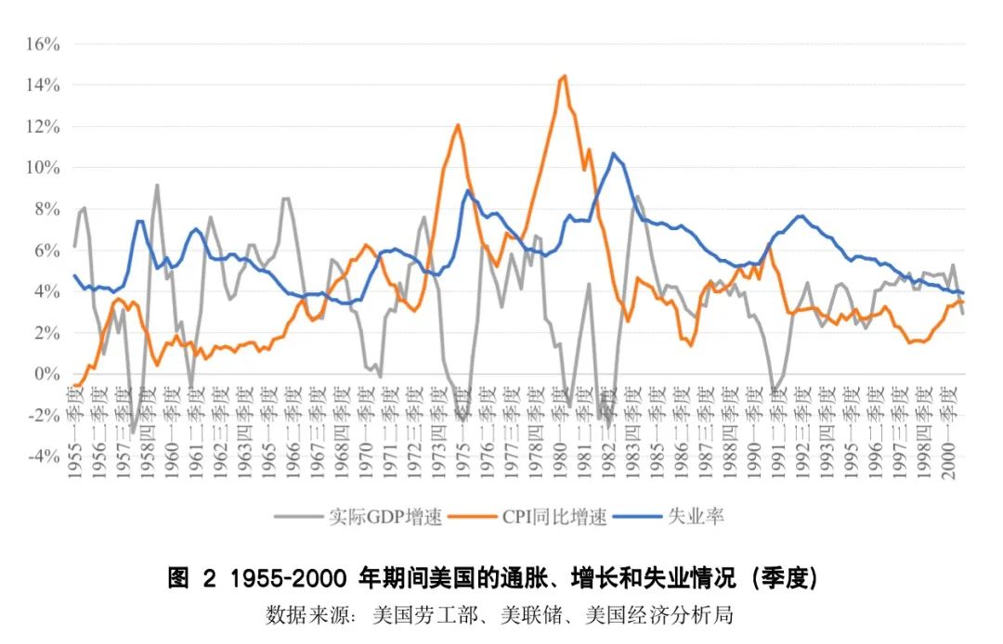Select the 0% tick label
pos(48,374)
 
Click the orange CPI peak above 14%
pos(564,76)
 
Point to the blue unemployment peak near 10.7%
pos(613,153)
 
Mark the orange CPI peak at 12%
pos(457,124)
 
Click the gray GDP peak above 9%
pos(157,185)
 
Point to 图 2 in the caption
pos(190,579)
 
